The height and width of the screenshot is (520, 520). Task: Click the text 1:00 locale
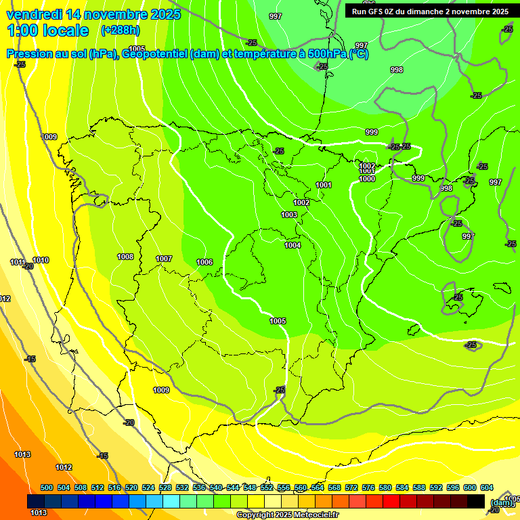(47, 30)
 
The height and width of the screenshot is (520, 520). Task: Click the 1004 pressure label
(292, 245)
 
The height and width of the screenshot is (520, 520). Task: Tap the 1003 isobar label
(289, 215)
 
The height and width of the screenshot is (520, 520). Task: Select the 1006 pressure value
(204, 262)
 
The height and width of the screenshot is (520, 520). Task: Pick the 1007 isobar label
(164, 259)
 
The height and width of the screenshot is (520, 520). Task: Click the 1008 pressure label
(125, 257)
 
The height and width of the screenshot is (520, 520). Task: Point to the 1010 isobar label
(41, 260)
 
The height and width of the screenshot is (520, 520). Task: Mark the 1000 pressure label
(367, 179)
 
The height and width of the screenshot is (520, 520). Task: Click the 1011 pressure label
(18, 262)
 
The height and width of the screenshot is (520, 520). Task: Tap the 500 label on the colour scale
(47, 487)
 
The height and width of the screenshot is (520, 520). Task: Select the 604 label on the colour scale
(487, 487)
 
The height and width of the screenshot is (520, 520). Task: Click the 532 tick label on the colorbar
(182, 487)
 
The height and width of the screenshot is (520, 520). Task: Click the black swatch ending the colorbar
(476, 501)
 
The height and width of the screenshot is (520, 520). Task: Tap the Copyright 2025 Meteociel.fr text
(287, 515)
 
